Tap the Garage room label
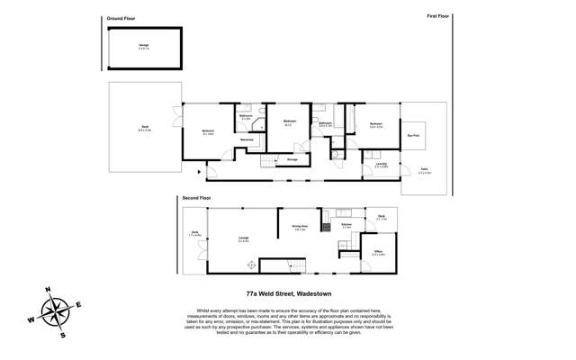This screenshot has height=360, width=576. pyautogui.click(x=144, y=46)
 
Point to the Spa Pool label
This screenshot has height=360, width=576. pyautogui.click(x=413, y=135)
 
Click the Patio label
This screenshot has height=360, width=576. pyautogui.click(x=424, y=169)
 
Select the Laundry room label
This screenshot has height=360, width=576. pyautogui.click(x=382, y=164)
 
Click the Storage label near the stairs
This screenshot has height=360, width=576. pyautogui.click(x=292, y=159)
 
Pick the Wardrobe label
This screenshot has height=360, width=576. pyautogui.click(x=247, y=139)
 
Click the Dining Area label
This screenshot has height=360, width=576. pyautogui.click(x=300, y=227)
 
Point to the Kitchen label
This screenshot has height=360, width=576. pyautogui.click(x=346, y=225)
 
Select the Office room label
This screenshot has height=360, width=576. pyautogui.click(x=378, y=253)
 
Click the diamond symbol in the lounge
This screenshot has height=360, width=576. pyautogui.click(x=252, y=265)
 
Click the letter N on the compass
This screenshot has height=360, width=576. pyautogui.click(x=49, y=290)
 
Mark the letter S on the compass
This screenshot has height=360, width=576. pyautogui.click(x=63, y=335)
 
